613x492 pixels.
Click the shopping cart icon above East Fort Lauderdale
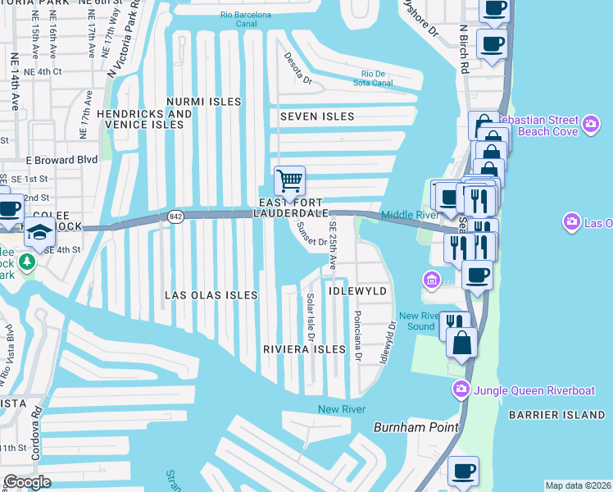[x=288, y=180]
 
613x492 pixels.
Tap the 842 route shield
[x=175, y=215]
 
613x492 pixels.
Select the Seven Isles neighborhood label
[x=317, y=116]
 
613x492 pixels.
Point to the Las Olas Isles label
[x=211, y=294]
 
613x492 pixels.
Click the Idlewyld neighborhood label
[x=357, y=291]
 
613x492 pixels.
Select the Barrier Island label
[x=556, y=416]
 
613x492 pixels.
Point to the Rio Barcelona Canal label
[x=250, y=20]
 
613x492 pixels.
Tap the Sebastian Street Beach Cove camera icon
[x=592, y=125]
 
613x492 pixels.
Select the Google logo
[x=28, y=482]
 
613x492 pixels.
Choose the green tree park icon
[x=28, y=262]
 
